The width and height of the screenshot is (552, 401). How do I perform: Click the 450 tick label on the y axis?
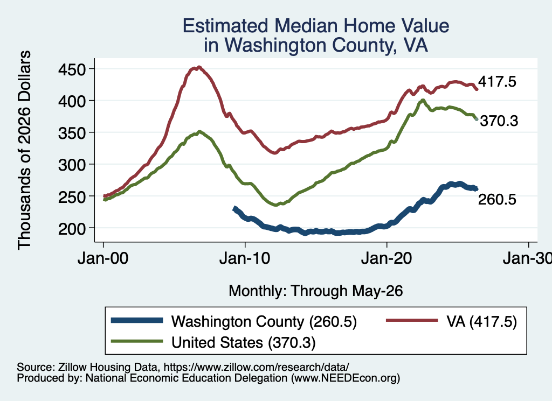tap(72, 69)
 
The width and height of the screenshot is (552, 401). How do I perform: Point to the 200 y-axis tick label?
tap(72, 229)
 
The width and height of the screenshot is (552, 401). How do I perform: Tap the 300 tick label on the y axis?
tap(72, 165)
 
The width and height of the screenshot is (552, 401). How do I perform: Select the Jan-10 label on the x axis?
tap(245, 258)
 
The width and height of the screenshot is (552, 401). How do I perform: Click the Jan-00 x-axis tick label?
tap(103, 258)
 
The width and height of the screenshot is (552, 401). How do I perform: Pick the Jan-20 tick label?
tap(387, 258)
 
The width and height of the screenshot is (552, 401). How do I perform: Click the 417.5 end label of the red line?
tap(497, 81)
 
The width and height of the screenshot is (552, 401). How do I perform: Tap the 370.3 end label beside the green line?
tap(499, 121)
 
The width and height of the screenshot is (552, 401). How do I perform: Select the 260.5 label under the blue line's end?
tap(497, 199)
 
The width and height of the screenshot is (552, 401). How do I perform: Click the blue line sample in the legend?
tap(137, 320)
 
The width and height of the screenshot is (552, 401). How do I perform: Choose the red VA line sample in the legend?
tap(412, 320)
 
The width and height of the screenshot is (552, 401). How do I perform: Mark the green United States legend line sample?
tap(137, 341)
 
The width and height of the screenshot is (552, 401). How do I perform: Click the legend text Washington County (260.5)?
tap(264, 321)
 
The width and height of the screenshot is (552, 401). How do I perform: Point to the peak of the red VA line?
tap(199, 67)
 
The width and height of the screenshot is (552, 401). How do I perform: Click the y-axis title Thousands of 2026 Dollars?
tap(24, 150)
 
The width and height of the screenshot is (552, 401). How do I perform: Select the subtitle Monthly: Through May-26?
tap(316, 291)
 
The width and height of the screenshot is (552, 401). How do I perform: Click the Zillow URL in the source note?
tap(256, 367)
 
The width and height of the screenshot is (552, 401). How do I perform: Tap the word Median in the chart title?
tap(306, 26)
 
